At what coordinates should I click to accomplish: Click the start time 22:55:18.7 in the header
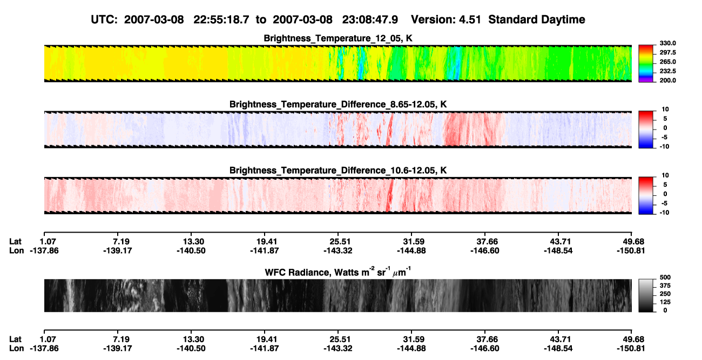221,20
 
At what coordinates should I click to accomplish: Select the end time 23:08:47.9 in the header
370,20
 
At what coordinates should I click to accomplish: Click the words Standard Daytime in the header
537,20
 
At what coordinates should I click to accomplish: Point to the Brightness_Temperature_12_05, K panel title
338,38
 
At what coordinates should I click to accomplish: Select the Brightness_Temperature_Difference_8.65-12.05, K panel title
338,104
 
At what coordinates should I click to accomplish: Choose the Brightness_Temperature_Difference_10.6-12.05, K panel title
338,171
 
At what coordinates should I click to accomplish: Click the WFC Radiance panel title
338,272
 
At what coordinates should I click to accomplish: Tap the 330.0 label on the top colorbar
667,43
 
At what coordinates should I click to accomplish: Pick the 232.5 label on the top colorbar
667,71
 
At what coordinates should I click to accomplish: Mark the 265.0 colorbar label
667,62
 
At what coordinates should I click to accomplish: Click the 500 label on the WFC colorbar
665,277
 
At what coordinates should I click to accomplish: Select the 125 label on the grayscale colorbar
665,302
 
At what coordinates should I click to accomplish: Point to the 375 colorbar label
665,286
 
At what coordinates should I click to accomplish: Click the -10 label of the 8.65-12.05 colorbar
664,147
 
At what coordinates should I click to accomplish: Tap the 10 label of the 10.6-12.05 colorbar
665,175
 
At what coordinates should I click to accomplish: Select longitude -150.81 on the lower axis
631,349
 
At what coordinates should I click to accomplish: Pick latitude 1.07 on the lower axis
48,339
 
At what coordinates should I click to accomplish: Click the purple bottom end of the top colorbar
646,81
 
